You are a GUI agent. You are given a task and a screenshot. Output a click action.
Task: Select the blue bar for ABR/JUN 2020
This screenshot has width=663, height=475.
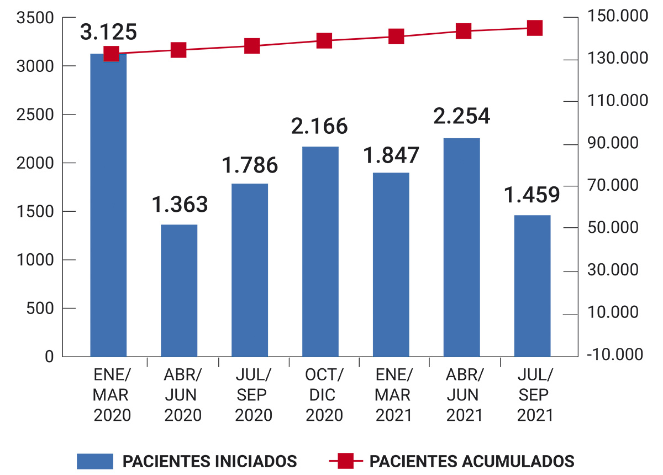coord(179,290)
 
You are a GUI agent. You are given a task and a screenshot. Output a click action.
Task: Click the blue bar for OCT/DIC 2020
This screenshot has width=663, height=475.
coord(320,252)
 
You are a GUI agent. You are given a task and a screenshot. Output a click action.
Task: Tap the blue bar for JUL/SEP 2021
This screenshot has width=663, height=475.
coord(532,286)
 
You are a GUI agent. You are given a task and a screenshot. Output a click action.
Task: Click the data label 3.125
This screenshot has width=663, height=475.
coord(108,32)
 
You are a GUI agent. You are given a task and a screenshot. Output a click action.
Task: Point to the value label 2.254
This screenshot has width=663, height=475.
coord(461,116)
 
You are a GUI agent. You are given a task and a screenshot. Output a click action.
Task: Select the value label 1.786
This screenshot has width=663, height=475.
coord(250,165)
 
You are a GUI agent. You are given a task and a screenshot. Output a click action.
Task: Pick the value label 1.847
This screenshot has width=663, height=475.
coord(391,155)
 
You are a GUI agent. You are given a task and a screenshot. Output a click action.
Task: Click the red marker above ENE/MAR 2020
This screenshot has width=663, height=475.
coord(111,54)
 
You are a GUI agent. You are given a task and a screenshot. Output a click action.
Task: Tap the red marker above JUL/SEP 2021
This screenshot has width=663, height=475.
coord(534,28)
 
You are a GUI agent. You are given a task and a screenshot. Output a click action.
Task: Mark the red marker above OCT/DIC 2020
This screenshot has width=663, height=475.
coord(324,41)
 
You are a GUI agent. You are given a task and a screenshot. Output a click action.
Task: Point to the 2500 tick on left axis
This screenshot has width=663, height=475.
coord(35,114)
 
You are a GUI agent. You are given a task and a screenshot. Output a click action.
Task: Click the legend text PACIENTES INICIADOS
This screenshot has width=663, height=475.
coord(210,461)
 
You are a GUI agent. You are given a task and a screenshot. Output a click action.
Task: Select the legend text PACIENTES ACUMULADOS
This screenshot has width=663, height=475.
coord(472,461)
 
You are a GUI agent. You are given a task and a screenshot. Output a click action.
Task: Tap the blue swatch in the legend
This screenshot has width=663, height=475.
coord(95,461)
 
